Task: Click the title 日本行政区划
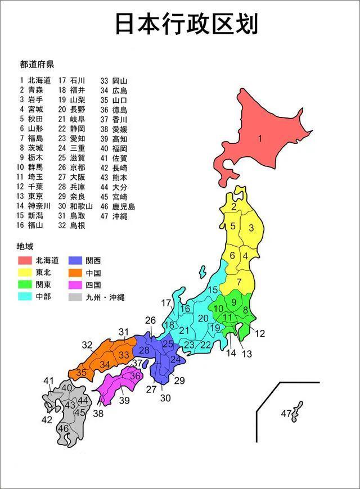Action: click(187, 24)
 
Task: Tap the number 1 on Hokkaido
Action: click(260, 138)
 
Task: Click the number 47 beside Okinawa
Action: click(286, 414)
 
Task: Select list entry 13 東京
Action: click(31, 196)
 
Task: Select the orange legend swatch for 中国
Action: click(76, 273)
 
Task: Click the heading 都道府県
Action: click(36, 64)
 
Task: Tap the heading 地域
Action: click(25, 246)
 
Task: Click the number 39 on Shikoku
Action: click(124, 400)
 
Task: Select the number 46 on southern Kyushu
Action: click(63, 429)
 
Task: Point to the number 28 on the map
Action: click(145, 350)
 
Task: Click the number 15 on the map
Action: click(213, 290)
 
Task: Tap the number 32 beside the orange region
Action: click(87, 345)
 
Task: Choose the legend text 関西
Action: click(93, 260)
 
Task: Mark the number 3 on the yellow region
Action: click(251, 228)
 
